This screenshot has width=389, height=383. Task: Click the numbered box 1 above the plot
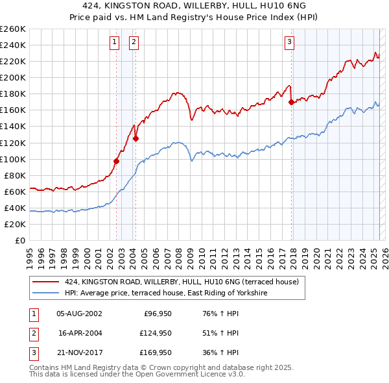[114, 43]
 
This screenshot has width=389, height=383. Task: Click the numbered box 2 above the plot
[134, 43]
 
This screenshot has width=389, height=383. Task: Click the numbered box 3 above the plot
[289, 43]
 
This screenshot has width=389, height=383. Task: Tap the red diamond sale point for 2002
[117, 161]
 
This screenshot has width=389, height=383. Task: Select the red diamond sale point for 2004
[136, 138]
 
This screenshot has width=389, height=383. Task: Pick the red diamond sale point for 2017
[292, 101]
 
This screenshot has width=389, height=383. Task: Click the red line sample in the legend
[46, 282]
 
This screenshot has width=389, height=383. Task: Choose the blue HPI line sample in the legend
[46, 293]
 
